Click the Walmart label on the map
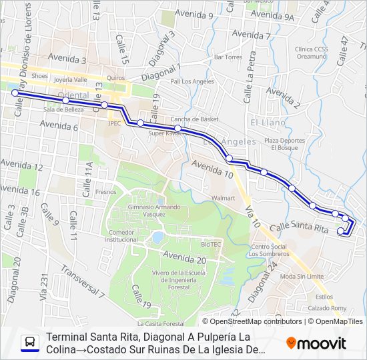[x=223, y=198]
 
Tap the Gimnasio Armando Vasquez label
[x=142, y=210]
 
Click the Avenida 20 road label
[x=184, y=258]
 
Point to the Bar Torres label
[x=228, y=57]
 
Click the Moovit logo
[x=316, y=343]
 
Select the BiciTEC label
[x=211, y=244]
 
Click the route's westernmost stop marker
[x=15, y=93]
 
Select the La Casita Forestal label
[x=160, y=323]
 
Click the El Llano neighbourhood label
[x=268, y=123]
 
